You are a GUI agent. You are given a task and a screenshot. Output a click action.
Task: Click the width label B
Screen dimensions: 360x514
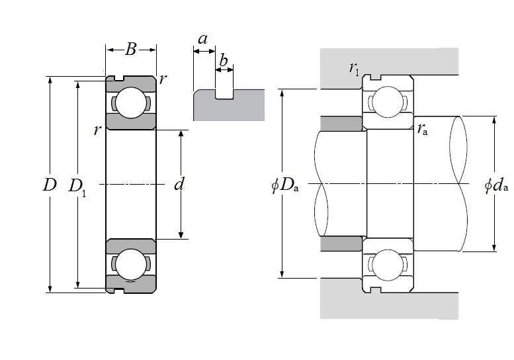pyautogui.click(x=131, y=48)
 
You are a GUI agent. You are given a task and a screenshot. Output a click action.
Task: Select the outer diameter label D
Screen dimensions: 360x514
pyautogui.click(x=50, y=185)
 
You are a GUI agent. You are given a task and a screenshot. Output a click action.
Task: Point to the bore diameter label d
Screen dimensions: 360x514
pyautogui.click(x=179, y=185)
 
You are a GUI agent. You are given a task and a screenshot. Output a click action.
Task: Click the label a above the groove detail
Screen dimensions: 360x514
pyautogui.click(x=203, y=39)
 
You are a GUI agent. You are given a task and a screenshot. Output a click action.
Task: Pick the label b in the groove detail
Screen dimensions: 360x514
pyautogui.click(x=224, y=62)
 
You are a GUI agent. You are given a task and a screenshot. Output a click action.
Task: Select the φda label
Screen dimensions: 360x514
pyautogui.click(x=496, y=185)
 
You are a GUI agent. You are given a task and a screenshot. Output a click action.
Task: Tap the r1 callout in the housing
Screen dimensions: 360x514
pyautogui.click(x=355, y=67)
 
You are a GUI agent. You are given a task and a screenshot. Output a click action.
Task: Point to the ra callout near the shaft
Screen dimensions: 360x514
pyautogui.click(x=422, y=130)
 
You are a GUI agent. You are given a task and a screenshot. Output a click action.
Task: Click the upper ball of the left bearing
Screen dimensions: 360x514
pyautogui.click(x=131, y=103)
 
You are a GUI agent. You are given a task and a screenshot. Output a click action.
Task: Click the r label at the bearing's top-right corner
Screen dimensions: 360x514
pyautogui.click(x=163, y=79)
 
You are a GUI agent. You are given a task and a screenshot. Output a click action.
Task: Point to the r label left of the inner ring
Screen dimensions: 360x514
pyautogui.click(x=97, y=130)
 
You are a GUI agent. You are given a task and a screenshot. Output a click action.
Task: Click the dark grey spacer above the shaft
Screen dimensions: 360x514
pyautogui.click(x=340, y=123)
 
